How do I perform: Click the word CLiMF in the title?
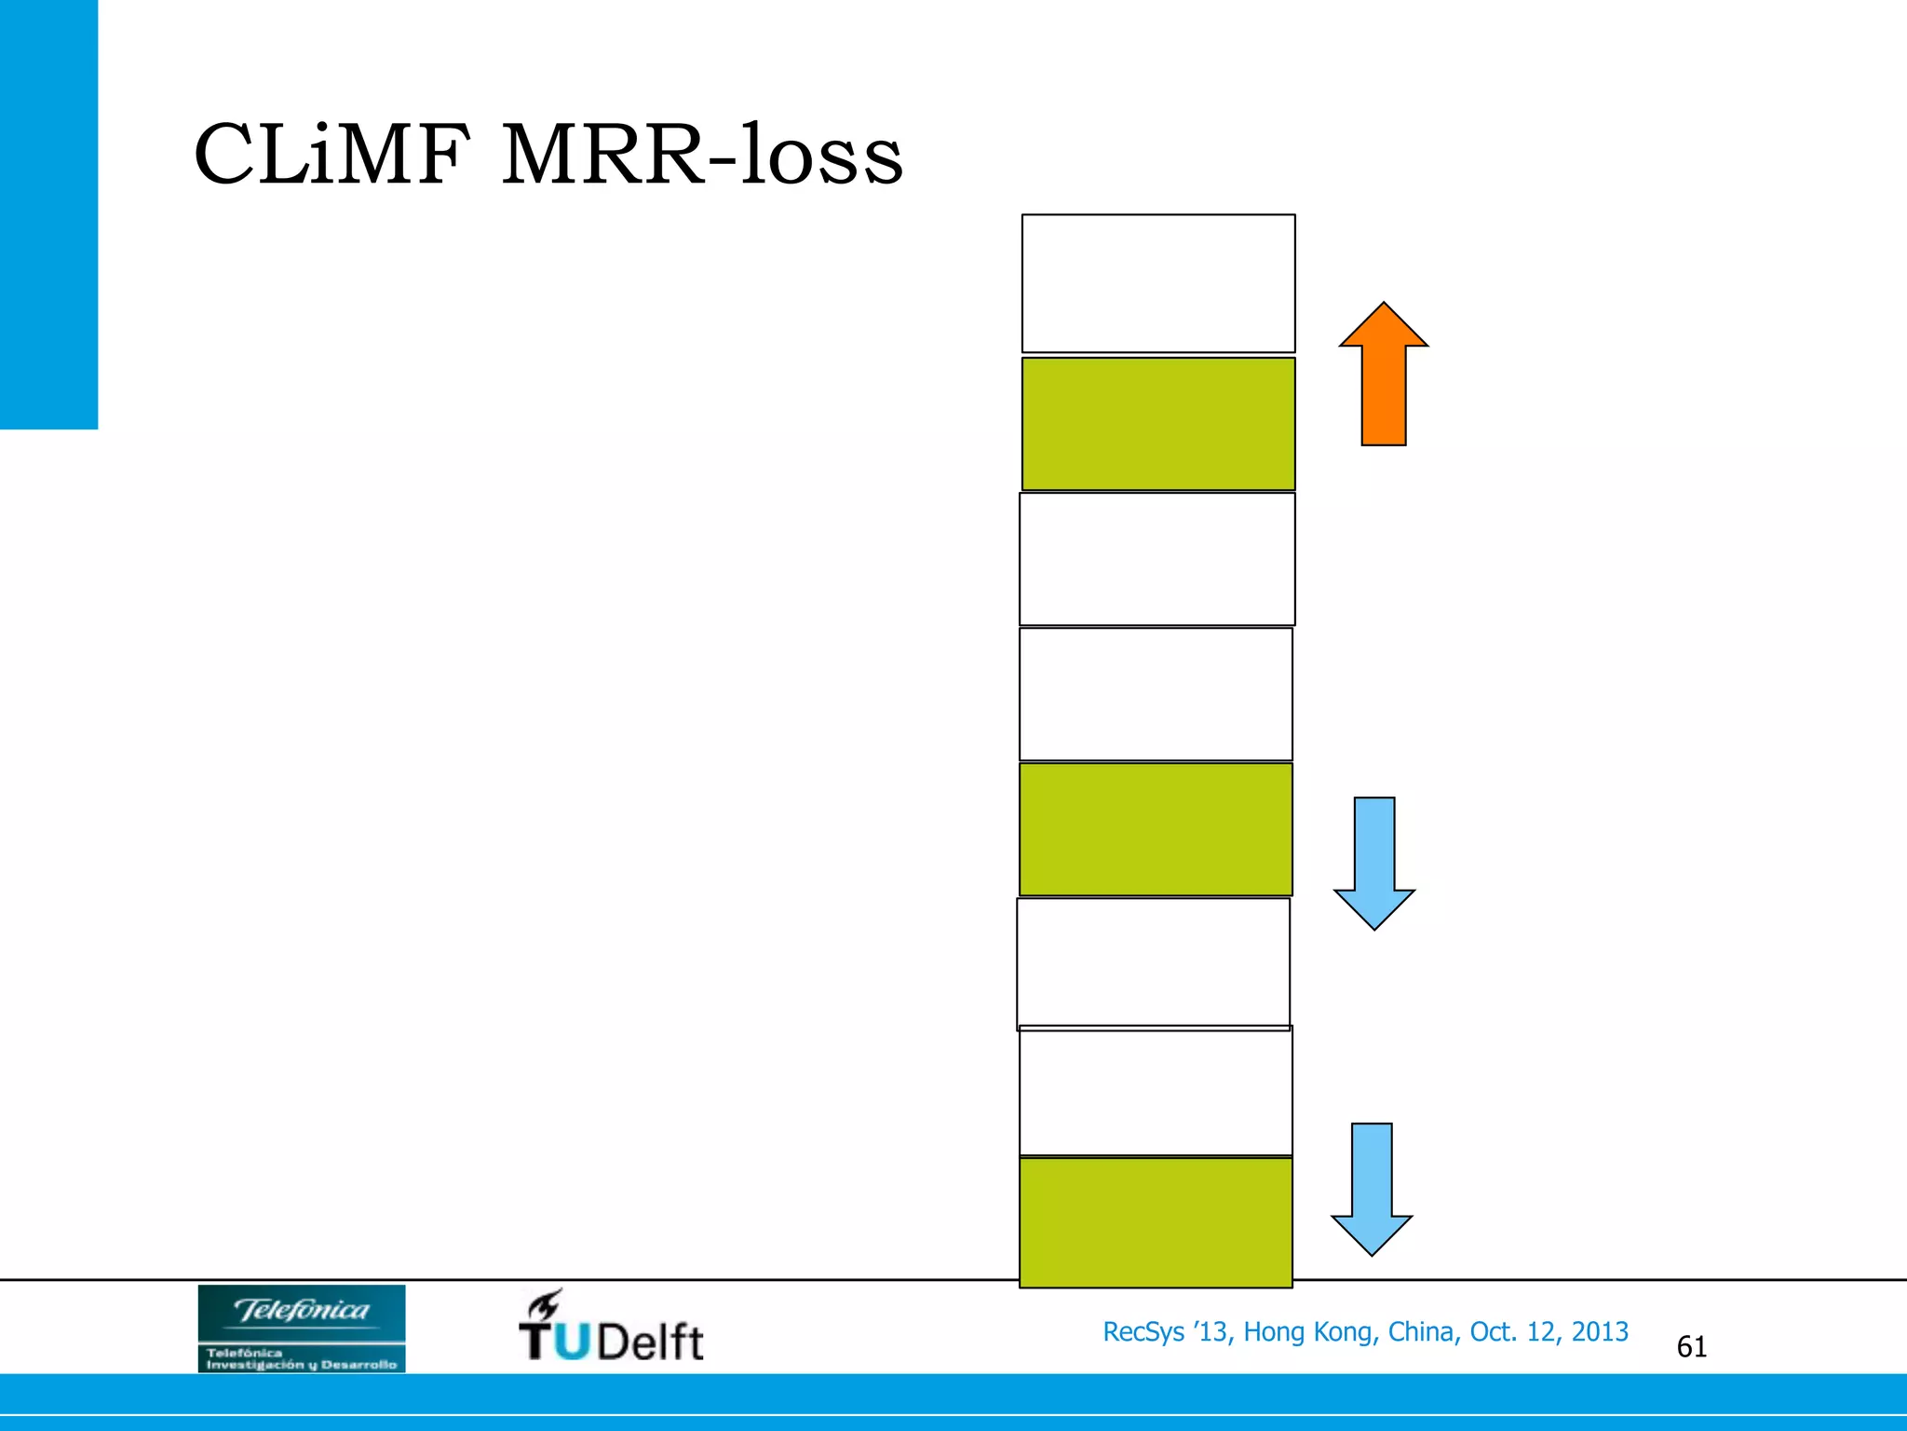click(327, 155)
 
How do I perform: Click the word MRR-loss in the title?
click(702, 155)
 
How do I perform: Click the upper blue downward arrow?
click(1374, 863)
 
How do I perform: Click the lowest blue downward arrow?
click(1372, 1189)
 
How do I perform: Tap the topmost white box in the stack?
click(1158, 283)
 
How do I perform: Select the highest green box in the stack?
click(1158, 424)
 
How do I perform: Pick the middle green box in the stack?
click(1156, 829)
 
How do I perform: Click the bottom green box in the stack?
click(1156, 1222)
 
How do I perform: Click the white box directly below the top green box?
click(1157, 559)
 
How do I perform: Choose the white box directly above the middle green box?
click(1156, 694)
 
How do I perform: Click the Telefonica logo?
click(302, 1329)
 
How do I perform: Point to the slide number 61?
click(1691, 1347)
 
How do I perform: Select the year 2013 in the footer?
click(1600, 1332)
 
